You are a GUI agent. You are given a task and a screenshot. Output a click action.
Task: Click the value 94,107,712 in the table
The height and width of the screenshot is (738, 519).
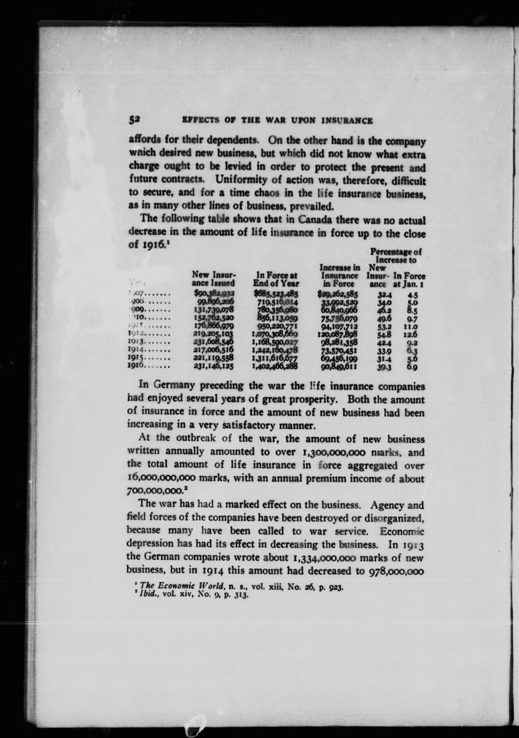pos(339,327)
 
